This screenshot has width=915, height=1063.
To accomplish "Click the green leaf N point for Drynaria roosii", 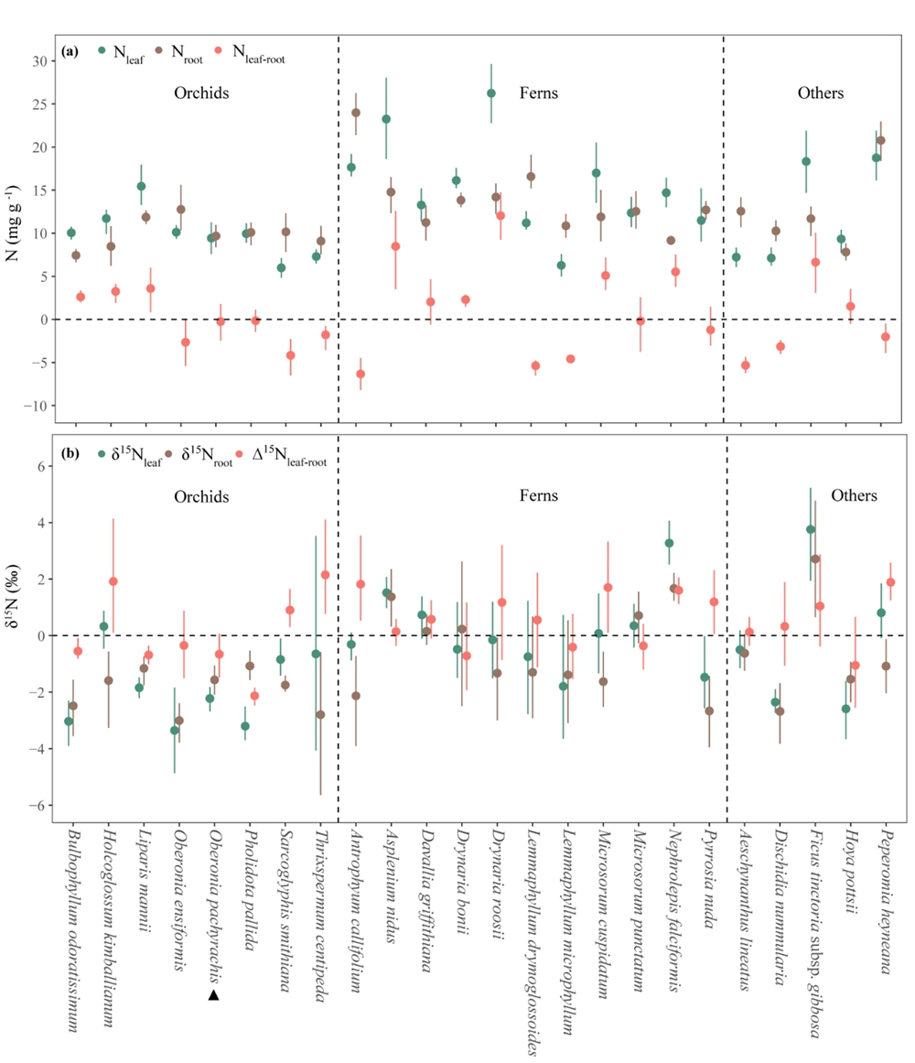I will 491,93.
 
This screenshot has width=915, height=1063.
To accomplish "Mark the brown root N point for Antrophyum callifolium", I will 356,113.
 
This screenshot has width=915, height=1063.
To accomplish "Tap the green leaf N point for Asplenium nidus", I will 386,119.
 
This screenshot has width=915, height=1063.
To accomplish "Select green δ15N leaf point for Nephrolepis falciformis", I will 669,543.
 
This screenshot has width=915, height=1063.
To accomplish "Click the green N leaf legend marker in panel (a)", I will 102,52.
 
